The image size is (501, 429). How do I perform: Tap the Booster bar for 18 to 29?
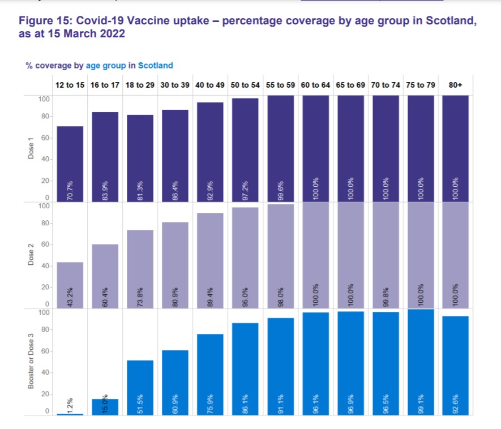pos(140,385)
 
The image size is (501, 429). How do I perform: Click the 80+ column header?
pos(456,84)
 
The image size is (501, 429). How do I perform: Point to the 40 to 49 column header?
pos(211,84)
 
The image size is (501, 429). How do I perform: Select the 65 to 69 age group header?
pos(350,84)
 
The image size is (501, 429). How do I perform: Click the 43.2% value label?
pos(71,294)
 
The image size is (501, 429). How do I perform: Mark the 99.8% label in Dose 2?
pos(386,294)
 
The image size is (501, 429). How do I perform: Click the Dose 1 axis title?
pos(32,148)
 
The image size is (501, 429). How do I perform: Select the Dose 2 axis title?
pos(32,254)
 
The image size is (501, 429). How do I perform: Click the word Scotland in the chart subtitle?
pos(155,66)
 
